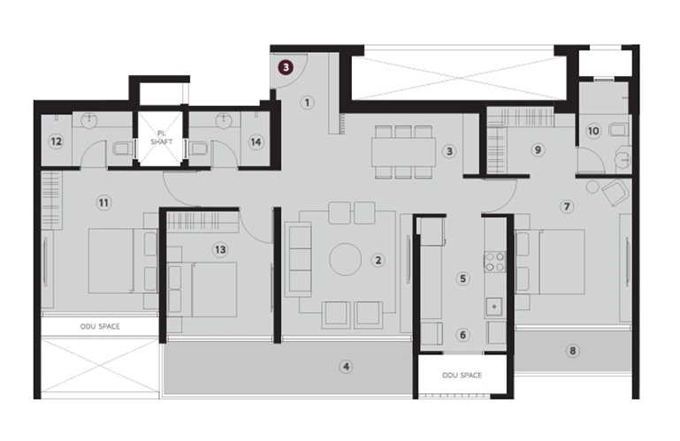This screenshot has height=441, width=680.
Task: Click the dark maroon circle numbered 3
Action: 286,68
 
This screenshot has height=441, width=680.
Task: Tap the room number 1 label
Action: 307,103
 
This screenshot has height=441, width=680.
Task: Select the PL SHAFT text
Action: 161,138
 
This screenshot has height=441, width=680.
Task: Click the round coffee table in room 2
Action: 345,259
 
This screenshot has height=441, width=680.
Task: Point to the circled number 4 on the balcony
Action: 346,367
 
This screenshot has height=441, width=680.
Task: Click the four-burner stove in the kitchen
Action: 495,262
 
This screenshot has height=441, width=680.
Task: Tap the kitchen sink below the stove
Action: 494,307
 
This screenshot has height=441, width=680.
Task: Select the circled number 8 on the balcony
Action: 572,351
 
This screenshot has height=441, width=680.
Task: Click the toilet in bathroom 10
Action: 617,130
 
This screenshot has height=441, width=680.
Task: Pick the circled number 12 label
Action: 56,141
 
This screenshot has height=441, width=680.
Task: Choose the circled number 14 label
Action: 256,141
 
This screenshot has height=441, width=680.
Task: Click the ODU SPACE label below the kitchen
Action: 462,375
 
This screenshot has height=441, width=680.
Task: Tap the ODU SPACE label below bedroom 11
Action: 100,326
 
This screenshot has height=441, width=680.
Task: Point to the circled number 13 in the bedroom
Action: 220,250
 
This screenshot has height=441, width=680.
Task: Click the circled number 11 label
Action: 103,202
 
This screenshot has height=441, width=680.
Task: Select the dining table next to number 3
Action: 403,152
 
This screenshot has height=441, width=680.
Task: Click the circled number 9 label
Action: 538,150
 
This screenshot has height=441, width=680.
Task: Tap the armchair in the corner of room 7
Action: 615,192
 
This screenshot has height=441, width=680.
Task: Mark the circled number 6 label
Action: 462,335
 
